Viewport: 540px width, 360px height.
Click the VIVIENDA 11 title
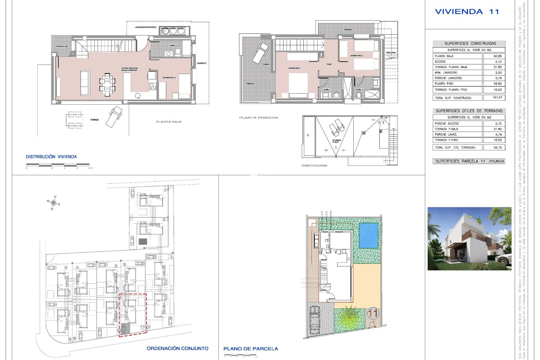pos(467,12)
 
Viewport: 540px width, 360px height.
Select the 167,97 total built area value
pos(497,98)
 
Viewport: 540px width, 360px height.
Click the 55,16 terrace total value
pos(497,147)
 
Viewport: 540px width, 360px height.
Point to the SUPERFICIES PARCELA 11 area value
pos(496,161)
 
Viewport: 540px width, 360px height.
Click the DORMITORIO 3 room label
pos(169,77)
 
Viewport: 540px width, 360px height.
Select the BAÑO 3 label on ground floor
pos(173,45)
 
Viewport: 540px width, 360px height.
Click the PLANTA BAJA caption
pos(169,122)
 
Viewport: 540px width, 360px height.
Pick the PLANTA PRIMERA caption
pos(258,118)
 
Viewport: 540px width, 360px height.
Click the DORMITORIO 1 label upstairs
pos(294,68)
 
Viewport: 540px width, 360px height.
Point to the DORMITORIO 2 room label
pos(356,56)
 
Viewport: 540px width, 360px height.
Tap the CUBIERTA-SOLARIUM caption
pos(314,166)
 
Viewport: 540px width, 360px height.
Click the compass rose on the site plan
pos(53,203)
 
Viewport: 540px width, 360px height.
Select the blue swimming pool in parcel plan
pos(368,235)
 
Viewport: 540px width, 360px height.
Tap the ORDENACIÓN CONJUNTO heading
pos(177,348)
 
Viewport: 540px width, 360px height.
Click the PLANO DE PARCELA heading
pos(251,349)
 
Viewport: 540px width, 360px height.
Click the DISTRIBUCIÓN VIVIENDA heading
pos(51,157)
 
